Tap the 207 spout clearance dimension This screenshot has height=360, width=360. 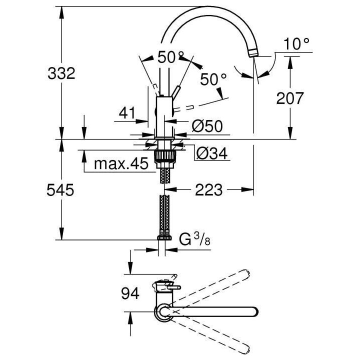289,98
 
